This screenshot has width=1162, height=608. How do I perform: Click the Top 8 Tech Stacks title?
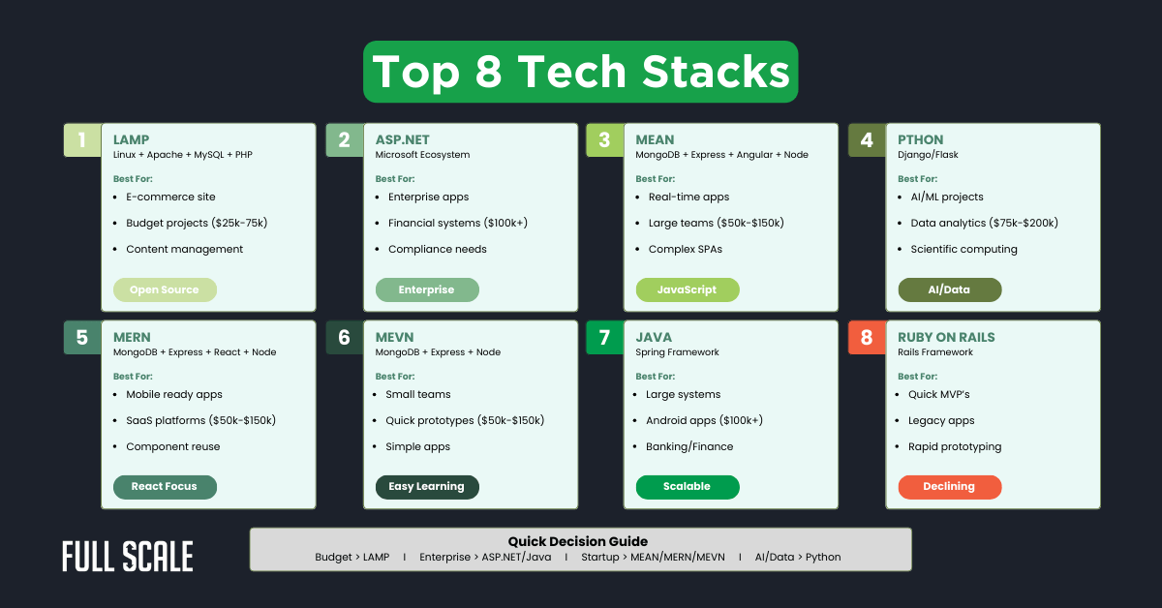click(581, 72)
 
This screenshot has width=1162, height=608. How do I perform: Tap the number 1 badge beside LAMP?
click(82, 140)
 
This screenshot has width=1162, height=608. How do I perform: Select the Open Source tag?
click(165, 289)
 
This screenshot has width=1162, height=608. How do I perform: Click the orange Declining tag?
click(949, 486)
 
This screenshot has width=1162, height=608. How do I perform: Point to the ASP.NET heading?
click(403, 139)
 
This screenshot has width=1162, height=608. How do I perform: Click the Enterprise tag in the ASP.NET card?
click(426, 289)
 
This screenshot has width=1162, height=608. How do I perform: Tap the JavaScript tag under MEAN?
click(687, 289)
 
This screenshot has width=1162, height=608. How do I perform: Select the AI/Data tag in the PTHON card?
click(949, 289)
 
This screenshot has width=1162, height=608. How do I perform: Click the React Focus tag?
click(165, 486)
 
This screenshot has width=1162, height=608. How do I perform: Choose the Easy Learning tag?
click(426, 486)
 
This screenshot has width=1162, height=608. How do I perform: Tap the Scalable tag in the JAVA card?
click(687, 486)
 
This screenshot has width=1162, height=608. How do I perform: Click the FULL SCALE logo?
click(128, 557)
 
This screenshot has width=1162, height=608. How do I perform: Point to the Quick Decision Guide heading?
click(578, 541)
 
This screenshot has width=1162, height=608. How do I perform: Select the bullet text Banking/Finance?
click(689, 446)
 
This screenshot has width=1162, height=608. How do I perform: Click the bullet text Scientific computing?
click(963, 249)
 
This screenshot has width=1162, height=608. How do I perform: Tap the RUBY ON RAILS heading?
click(946, 337)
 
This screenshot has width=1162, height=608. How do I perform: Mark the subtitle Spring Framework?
click(677, 352)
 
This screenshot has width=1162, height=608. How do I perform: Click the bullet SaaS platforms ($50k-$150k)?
click(200, 420)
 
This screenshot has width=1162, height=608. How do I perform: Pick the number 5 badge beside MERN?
click(82, 338)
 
